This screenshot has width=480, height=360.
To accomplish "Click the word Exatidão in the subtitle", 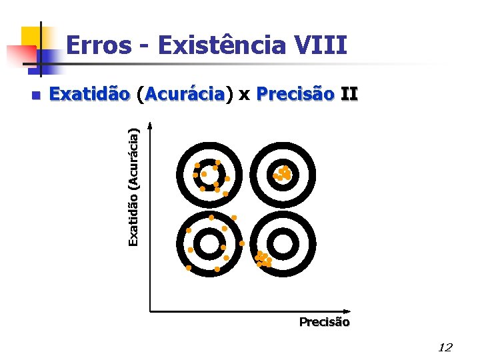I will point(89,95).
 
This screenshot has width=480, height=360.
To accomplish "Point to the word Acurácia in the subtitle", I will point(184,95).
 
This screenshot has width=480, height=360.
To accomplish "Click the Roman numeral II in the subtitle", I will point(349,95).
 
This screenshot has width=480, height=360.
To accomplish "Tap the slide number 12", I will point(445,347).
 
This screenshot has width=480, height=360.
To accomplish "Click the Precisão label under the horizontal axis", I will point(324,322).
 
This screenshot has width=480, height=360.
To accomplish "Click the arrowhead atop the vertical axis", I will point(151,125).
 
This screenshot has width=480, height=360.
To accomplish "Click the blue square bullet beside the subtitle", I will point(36,95).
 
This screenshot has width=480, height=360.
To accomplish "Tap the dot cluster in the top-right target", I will point(283,173).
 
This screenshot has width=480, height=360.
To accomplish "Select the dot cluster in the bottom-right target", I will point(263,259).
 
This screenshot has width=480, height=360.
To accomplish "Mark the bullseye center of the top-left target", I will point(209,173).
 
